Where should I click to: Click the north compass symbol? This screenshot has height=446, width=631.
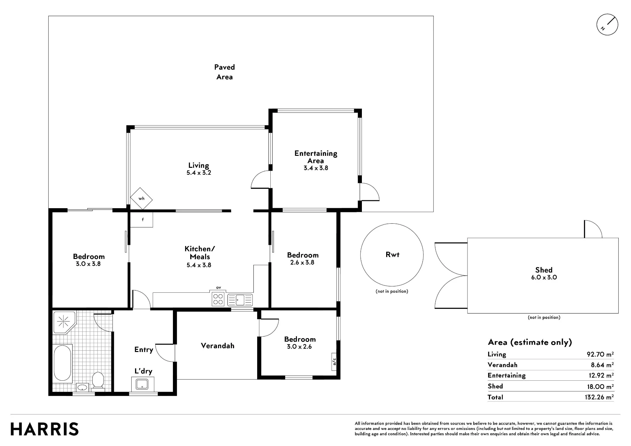[x=607, y=25]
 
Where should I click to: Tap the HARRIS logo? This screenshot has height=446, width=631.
[x=44, y=429]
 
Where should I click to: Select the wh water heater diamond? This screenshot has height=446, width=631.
[x=141, y=198]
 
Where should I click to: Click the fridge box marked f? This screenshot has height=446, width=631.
[x=142, y=220]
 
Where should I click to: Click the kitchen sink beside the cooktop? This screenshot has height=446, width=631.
[x=240, y=300]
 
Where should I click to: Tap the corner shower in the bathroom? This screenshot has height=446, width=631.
[x=64, y=322]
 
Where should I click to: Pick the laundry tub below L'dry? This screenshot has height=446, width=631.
[x=143, y=384]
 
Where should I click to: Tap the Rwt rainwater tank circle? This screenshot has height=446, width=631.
[x=392, y=255]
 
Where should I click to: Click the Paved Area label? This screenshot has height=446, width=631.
[x=224, y=72]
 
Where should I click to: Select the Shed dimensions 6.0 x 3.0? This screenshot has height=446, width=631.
[x=544, y=278]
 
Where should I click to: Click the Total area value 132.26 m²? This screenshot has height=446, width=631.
[x=599, y=397]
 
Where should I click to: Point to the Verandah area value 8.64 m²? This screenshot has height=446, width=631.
[x=602, y=365]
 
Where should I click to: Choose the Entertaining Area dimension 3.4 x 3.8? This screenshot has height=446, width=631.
[x=316, y=168]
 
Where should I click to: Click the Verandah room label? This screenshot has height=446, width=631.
[x=218, y=346]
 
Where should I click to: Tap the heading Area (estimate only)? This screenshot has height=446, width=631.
[x=530, y=342]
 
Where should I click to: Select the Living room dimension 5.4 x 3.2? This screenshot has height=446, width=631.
[x=199, y=173]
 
